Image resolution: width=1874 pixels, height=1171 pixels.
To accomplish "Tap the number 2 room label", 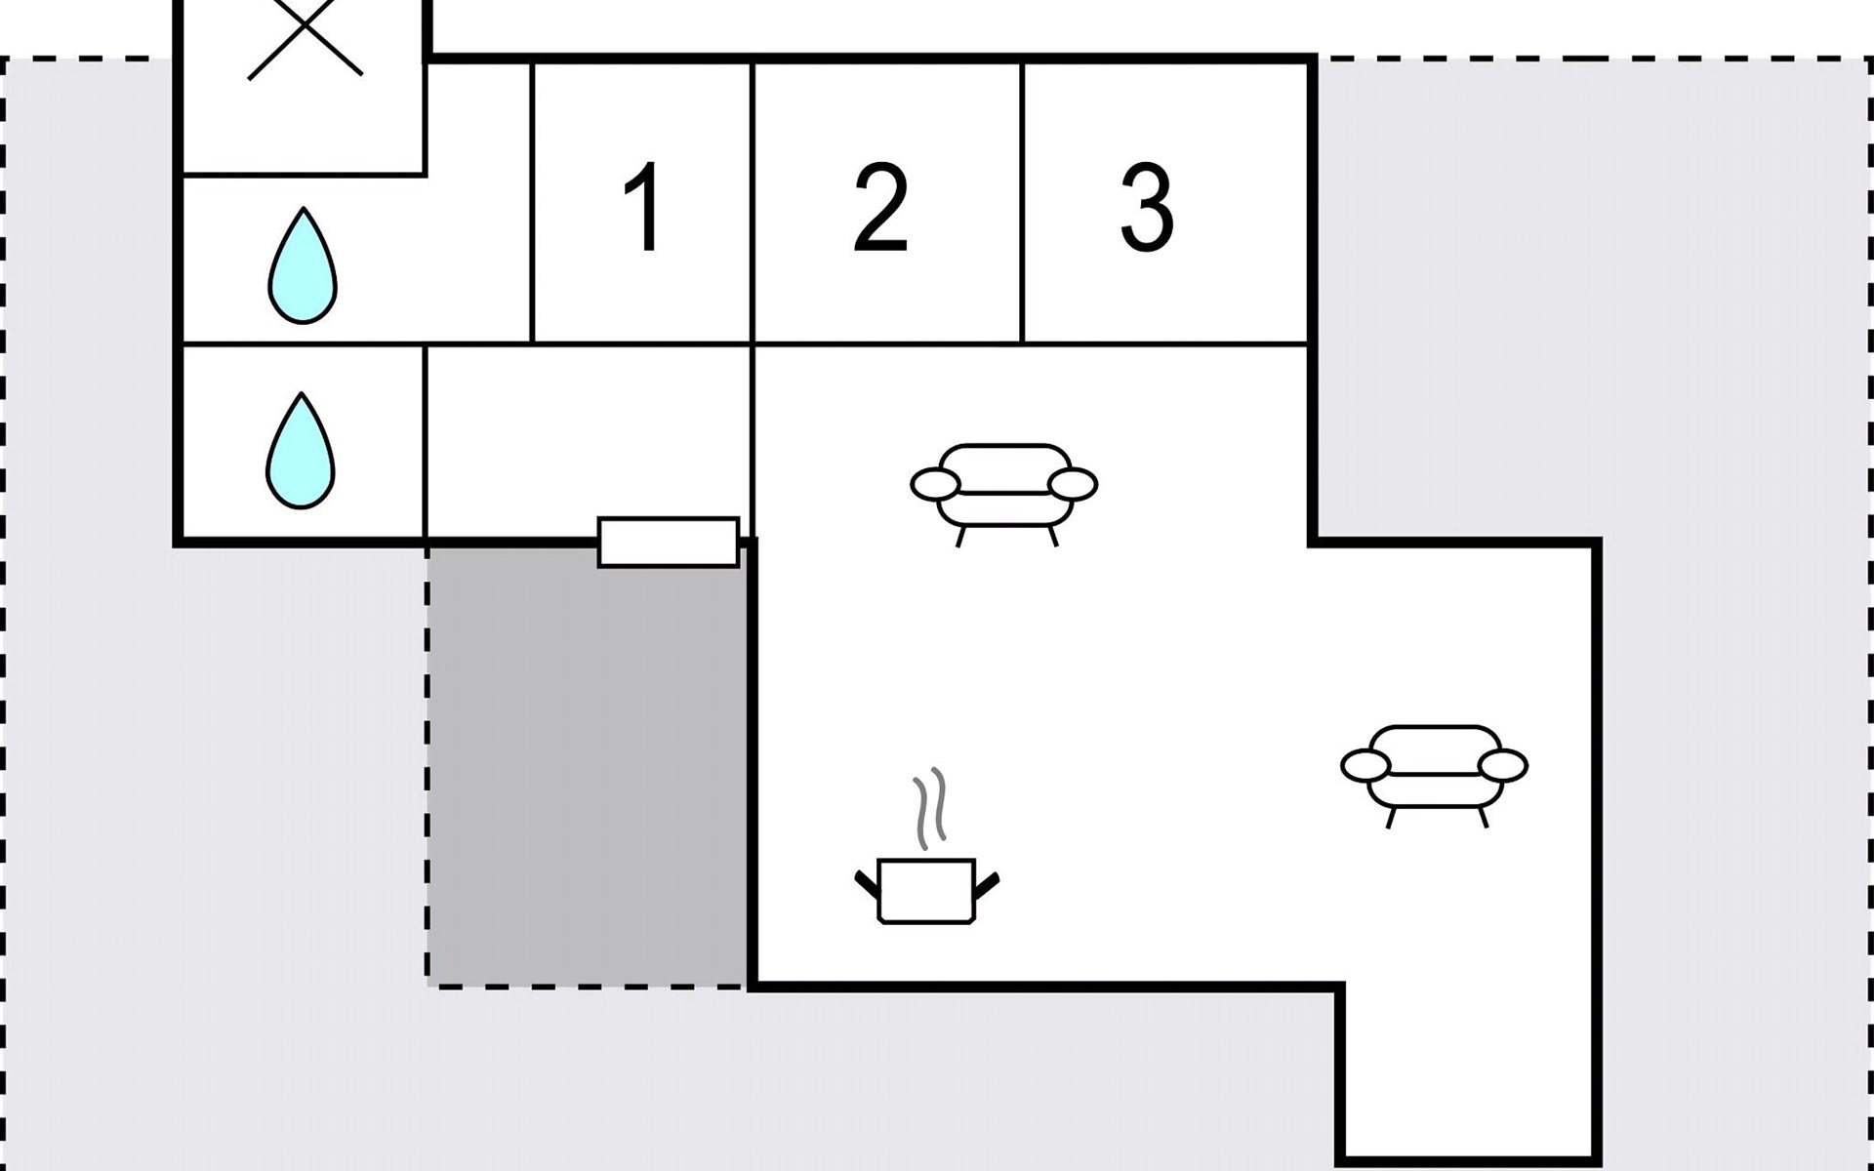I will [880, 206].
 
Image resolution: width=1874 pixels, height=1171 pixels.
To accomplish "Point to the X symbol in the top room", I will [305, 39].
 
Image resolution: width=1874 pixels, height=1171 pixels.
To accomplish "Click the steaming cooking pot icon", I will [926, 888].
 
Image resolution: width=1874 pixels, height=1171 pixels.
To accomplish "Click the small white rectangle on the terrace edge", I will [669, 543].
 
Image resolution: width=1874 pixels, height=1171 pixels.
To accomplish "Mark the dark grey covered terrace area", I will [586, 771].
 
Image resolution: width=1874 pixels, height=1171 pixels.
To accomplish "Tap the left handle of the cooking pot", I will [867, 883].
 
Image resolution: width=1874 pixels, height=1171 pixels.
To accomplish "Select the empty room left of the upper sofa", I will [590, 439].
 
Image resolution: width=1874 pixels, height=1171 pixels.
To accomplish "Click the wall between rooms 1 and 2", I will [753, 205].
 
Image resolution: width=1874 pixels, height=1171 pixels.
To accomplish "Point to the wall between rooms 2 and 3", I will [1022, 205].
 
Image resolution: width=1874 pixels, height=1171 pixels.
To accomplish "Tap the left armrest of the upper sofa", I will [935, 484].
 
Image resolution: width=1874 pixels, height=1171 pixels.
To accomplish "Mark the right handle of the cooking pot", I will [988, 884].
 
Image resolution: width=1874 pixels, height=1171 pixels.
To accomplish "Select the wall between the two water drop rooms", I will [303, 343].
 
